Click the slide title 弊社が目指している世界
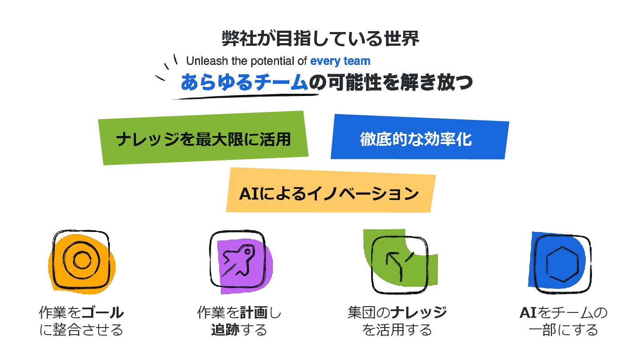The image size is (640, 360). [320, 39]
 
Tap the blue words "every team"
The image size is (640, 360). [340, 61]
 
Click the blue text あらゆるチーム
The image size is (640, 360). [244, 83]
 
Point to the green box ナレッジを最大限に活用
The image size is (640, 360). [204, 139]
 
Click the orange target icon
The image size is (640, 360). [82, 260]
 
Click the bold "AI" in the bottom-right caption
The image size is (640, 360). [528, 313]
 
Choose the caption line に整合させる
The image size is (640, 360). [81, 330]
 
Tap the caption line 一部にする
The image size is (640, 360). [563, 330]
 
